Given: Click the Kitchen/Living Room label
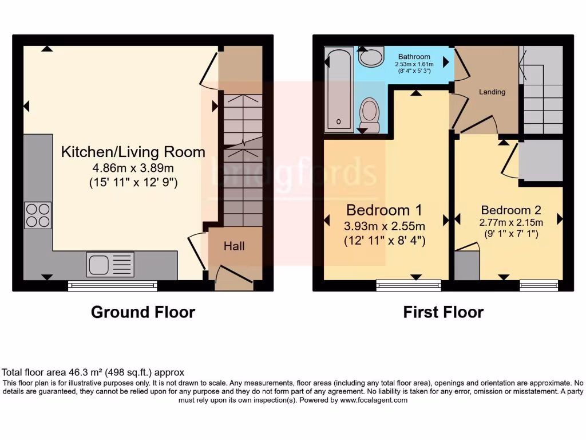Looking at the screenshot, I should pos(133,152).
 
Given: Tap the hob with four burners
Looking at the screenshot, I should pos(38,215).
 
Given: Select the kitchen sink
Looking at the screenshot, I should pos(110,265).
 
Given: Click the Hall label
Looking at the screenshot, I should pos(234,246).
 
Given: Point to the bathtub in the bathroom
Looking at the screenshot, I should pos(339,89).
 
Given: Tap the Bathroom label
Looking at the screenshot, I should pos(414,57).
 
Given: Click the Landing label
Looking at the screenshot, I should pos(492,92).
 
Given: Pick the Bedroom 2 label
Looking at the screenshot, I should pos(511,210).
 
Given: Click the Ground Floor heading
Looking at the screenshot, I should pos(143,312).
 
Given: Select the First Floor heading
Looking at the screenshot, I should pos(444,312).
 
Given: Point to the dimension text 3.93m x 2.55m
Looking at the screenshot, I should pos(385,225).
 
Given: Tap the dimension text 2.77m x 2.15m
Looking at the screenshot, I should pos(511,222).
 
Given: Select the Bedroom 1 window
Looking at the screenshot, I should pos(409,285).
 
